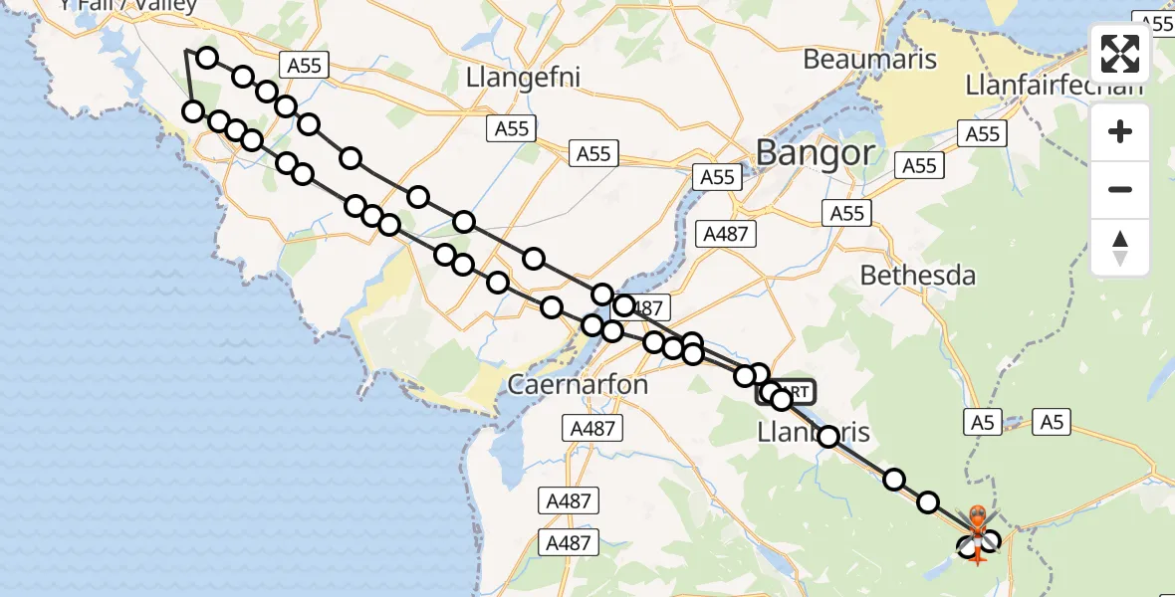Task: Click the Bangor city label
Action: pyautogui.click(x=816, y=152)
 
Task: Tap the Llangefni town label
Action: pyautogui.click(x=523, y=77)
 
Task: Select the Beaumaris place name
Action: pyautogui.click(x=869, y=59)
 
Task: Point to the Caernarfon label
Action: pyautogui.click(x=578, y=384)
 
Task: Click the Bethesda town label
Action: pyautogui.click(x=917, y=276)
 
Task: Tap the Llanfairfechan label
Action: pyautogui.click(x=1054, y=86)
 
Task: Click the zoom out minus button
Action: pyautogui.click(x=1120, y=189)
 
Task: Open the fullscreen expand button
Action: pyautogui.click(x=1120, y=54)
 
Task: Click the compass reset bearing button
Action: pyautogui.click(x=1120, y=247)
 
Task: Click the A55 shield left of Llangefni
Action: pyautogui.click(x=304, y=66)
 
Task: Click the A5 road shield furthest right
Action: pyautogui.click(x=1052, y=423)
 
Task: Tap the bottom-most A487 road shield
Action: pyautogui.click(x=569, y=543)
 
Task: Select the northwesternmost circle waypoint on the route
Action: pyautogui.click(x=206, y=58)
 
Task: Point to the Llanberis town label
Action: pyautogui.click(x=814, y=432)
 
